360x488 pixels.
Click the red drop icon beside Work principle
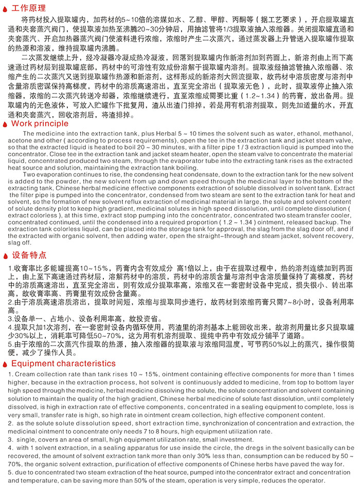6,124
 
